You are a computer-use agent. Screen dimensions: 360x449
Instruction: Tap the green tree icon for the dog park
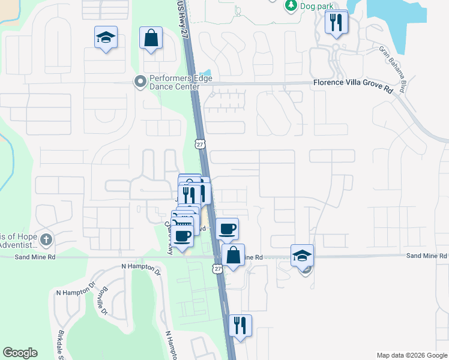click(291, 5)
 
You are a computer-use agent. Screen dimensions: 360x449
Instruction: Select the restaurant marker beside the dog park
click(336, 23)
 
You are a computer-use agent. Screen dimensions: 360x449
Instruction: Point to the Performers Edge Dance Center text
click(174, 82)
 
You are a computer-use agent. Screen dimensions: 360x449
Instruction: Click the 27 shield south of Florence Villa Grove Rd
click(200, 143)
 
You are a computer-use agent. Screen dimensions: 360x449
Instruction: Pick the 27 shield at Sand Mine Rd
click(218, 268)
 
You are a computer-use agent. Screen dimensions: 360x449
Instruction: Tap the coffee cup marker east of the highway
click(228, 229)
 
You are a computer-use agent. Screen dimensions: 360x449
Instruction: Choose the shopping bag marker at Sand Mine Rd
click(233, 255)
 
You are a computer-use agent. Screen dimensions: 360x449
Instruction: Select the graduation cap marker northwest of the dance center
click(106, 38)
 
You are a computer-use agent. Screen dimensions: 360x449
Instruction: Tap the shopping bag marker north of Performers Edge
click(151, 38)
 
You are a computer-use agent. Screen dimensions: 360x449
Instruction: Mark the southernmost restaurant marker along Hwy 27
click(240, 325)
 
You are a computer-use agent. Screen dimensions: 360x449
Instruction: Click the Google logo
click(20, 353)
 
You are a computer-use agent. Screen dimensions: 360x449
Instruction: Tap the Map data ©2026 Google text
click(411, 355)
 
